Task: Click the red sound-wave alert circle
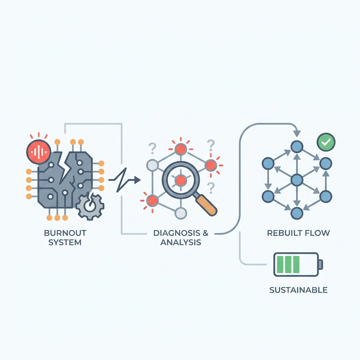(x=39, y=152)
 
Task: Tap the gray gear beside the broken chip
(x=90, y=206)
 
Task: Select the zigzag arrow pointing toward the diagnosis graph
(x=125, y=180)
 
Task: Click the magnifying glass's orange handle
(x=206, y=205)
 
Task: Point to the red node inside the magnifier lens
(x=181, y=180)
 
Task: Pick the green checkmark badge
(x=326, y=142)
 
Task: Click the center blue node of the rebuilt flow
(x=297, y=180)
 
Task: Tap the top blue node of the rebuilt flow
(x=297, y=147)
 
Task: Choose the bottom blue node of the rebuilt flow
(x=297, y=213)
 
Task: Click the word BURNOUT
(x=65, y=233)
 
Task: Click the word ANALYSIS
(x=181, y=243)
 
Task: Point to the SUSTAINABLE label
(x=298, y=290)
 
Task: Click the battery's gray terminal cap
(x=321, y=264)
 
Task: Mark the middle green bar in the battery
(x=288, y=264)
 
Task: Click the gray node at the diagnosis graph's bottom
(x=181, y=213)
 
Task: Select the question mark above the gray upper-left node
(x=152, y=148)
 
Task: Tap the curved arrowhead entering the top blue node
(x=297, y=133)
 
